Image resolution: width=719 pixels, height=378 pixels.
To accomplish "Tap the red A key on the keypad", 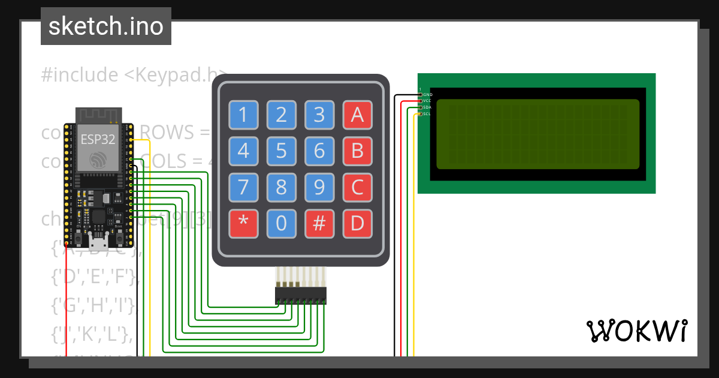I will point(357,114).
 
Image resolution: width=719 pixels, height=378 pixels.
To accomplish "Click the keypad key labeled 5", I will point(281,151).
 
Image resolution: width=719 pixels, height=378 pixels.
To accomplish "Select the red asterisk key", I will point(243,223).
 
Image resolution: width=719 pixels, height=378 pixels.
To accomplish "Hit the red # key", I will point(319,223).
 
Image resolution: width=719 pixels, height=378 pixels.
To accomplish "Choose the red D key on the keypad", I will point(357,223).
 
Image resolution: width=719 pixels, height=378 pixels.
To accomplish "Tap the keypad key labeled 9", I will point(319,187).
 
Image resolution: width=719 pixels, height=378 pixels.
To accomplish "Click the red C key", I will point(357,187).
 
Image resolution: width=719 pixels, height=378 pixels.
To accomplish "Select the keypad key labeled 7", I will point(243,187).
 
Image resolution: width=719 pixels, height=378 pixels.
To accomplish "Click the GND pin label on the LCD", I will point(427,95).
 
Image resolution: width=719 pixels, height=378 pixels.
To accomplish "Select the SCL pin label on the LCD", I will point(427,113).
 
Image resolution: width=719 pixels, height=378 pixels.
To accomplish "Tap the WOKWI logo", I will point(636,331).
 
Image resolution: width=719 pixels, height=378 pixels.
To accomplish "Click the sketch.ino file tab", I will point(106,26).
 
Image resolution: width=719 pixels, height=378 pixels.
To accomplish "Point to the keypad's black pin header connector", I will point(301,295).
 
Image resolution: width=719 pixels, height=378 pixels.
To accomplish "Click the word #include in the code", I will point(80,75).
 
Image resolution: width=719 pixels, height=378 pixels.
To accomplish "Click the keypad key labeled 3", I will point(319,114).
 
